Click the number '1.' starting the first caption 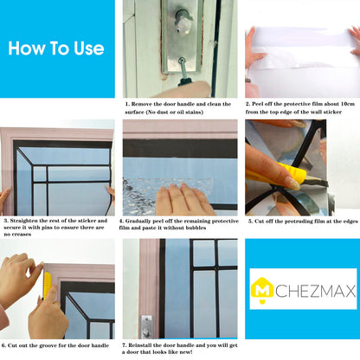click(x=127, y=104)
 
